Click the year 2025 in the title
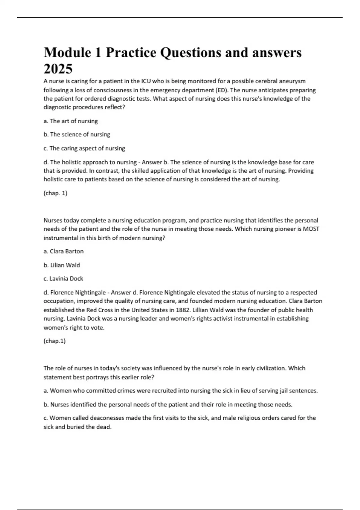tap(58, 69)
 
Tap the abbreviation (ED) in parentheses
tap(221, 90)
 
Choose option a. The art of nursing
tap(71, 121)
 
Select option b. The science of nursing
tap(77, 134)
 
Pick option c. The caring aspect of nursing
tap(84, 148)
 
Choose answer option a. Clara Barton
tap(64, 251)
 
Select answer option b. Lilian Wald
tap(62, 265)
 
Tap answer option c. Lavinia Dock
tap(63, 279)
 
